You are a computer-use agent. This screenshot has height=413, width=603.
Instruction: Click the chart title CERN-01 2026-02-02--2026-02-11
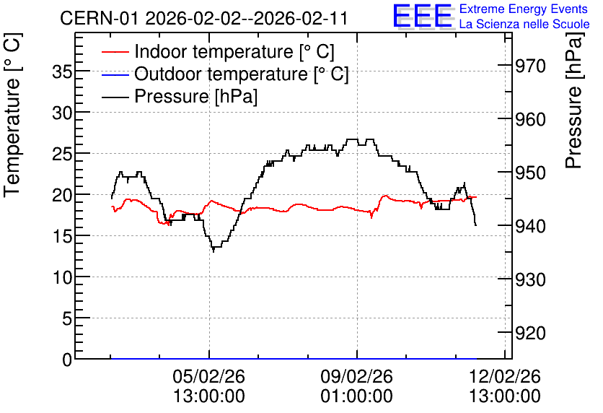(204, 18)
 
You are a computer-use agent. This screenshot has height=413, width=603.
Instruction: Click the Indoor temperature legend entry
(218, 51)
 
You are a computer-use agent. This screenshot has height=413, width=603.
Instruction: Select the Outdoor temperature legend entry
(225, 74)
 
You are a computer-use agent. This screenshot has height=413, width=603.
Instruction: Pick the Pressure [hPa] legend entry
(180, 96)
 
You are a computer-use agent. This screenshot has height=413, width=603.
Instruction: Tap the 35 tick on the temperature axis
(62, 72)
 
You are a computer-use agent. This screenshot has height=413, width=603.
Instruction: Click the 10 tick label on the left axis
(62, 277)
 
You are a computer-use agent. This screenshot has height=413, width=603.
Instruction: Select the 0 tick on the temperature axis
(67, 360)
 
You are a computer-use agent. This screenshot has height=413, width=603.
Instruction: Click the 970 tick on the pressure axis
(530, 66)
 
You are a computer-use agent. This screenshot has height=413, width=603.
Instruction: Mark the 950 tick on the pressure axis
(530, 173)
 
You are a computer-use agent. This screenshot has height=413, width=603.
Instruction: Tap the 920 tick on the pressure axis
(530, 333)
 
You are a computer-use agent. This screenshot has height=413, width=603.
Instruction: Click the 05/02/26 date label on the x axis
(209, 376)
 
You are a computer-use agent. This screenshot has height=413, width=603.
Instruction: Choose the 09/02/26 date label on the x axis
(357, 376)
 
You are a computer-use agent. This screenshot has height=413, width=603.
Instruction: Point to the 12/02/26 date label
(505, 376)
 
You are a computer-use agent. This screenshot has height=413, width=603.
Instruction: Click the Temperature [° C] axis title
(12, 116)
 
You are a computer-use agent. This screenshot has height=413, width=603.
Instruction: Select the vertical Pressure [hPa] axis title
(573, 100)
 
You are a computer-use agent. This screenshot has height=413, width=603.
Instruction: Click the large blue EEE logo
(422, 16)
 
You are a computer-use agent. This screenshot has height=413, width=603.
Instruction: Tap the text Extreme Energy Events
(524, 9)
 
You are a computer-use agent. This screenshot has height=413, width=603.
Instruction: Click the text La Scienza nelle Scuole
(524, 24)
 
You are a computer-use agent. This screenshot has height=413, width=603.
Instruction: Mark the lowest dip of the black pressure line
(214, 252)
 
